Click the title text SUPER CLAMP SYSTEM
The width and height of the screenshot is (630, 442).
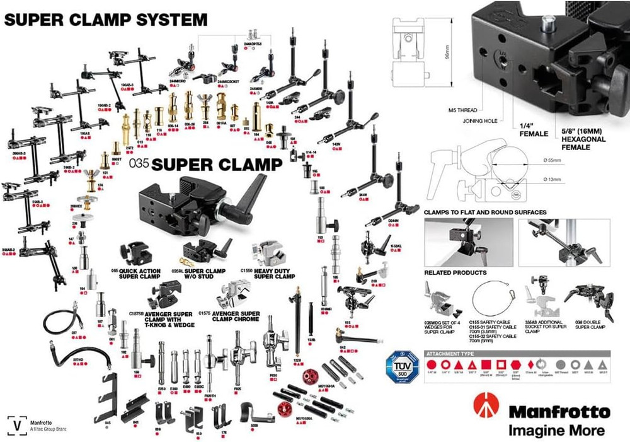[105, 19]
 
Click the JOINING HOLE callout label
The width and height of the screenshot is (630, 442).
[480, 120]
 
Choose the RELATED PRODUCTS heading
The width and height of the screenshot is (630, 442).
[455, 272]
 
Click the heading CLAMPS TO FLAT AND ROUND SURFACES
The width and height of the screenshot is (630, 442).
[485, 212]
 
